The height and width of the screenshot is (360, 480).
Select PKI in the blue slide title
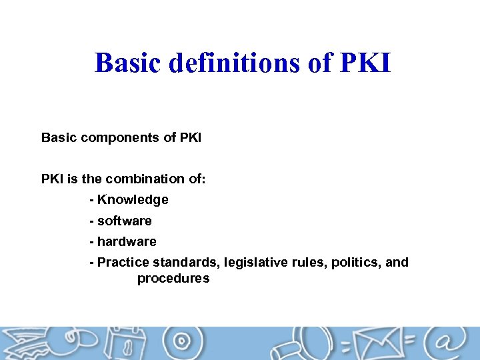click(x=365, y=63)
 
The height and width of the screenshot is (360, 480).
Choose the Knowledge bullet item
click(x=133, y=199)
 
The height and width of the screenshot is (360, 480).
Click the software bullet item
click(x=125, y=221)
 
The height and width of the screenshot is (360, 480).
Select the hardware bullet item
click(x=127, y=241)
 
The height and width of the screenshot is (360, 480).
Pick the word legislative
click(x=257, y=263)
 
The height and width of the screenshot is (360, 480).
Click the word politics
click(x=355, y=263)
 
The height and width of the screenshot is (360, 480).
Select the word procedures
click(x=173, y=279)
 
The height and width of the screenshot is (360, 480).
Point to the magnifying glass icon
click(x=303, y=345)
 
